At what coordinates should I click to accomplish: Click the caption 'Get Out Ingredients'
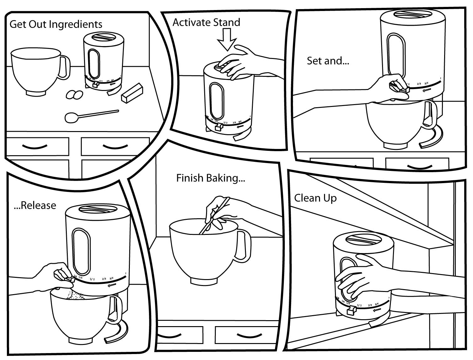point(56,24)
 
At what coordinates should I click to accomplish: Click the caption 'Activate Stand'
point(206,23)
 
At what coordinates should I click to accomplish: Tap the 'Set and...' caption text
point(328,61)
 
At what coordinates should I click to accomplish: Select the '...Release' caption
point(35,205)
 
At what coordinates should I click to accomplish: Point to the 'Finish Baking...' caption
point(210,178)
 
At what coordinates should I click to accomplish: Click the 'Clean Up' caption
point(315,198)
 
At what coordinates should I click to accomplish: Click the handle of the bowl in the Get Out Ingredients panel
point(65,66)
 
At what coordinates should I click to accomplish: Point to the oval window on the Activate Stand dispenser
point(216,101)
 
